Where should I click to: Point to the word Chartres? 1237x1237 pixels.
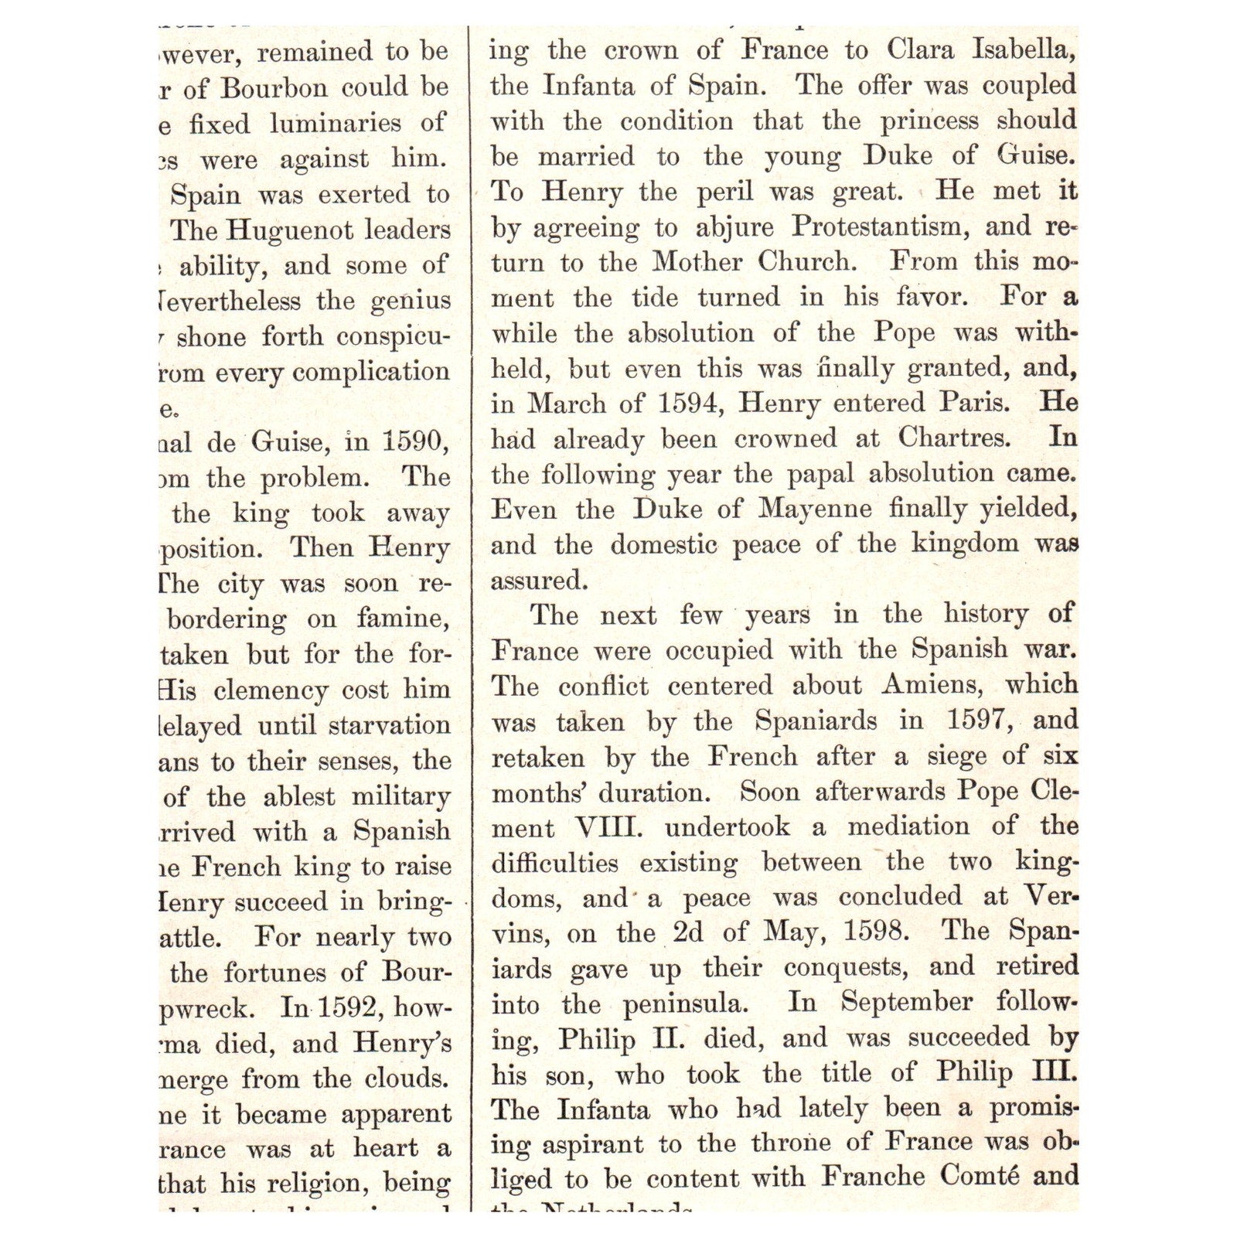(953, 438)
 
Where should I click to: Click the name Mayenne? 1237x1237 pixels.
(815, 509)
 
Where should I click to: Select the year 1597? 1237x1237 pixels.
(980, 721)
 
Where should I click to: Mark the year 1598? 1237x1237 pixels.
(875, 931)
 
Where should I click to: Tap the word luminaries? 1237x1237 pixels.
(336, 124)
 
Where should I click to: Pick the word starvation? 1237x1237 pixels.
(389, 726)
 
